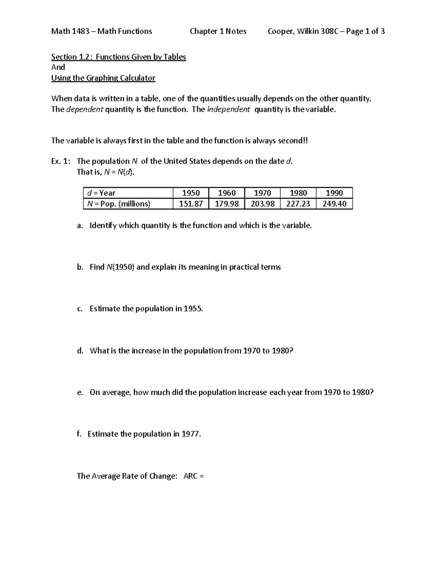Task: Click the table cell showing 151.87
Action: [191, 204]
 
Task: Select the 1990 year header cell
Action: [334, 193]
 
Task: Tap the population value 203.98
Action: [262, 204]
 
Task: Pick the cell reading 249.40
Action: [334, 204]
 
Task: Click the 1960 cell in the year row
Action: [227, 193]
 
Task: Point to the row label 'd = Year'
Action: [99, 193]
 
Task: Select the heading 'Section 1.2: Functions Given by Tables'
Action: [118, 57]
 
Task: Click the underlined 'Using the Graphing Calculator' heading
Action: [103, 78]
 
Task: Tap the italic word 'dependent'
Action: [85, 110]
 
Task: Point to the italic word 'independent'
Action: [228, 110]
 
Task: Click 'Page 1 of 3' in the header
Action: [365, 32]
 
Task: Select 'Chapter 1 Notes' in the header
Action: [218, 32]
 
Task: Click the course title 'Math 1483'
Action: [70, 32]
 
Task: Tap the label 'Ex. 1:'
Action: [61, 161]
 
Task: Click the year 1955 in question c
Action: [193, 309]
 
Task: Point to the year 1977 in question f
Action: [191, 434]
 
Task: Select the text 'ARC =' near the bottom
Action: [194, 476]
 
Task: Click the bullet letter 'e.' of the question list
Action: [80, 393]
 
